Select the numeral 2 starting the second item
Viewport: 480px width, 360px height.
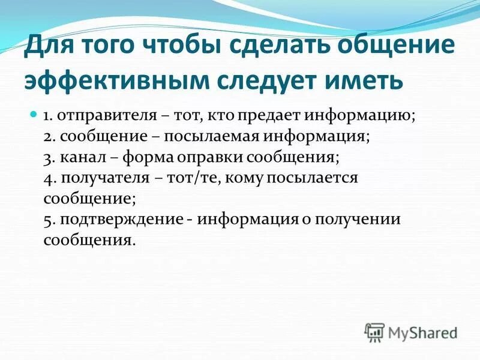(x=48, y=137)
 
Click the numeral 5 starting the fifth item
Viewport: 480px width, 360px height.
(x=48, y=220)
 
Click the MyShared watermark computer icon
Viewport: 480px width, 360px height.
(x=374, y=332)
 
